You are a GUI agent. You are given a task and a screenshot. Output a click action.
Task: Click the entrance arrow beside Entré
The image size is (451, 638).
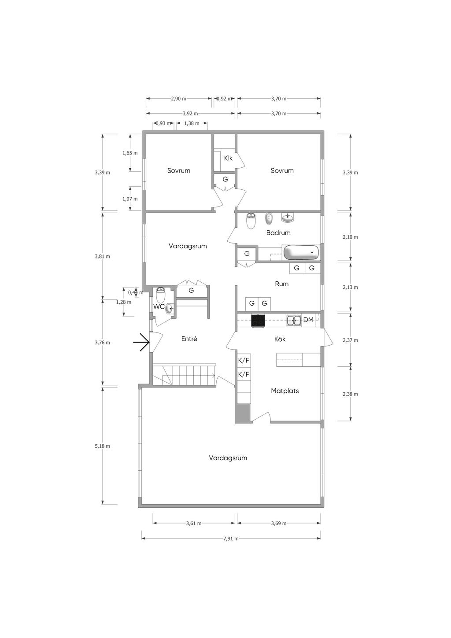click(x=141, y=342)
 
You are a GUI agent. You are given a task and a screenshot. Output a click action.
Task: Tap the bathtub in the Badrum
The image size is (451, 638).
click(x=301, y=252)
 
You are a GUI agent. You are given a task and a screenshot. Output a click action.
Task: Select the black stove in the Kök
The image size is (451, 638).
click(x=258, y=321)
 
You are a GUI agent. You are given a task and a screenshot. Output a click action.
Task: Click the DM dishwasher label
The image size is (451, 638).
click(x=308, y=320)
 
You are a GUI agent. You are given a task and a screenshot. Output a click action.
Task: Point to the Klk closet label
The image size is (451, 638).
click(x=228, y=158)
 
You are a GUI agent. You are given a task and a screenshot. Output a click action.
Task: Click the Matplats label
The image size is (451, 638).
click(x=285, y=391)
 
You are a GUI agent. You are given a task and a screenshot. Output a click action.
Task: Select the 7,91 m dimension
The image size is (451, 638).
click(x=231, y=538)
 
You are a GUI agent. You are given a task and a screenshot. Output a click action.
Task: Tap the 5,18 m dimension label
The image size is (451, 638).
click(x=102, y=446)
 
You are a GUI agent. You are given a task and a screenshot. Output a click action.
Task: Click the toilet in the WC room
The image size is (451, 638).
click(x=161, y=295)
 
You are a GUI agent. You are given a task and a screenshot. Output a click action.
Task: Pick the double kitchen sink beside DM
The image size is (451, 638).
click(x=294, y=321)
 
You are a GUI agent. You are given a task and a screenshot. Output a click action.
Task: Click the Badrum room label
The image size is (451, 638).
click(x=278, y=232)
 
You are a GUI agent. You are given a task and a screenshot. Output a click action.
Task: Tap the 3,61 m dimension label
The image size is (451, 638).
click(x=194, y=523)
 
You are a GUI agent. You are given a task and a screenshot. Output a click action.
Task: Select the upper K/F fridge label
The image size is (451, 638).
click(x=244, y=360)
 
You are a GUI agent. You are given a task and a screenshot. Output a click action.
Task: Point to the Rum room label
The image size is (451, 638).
click(x=281, y=284)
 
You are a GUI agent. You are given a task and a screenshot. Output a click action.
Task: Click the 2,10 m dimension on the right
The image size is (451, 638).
click(x=350, y=237)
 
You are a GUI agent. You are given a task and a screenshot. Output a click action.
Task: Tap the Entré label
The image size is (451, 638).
click(x=189, y=339)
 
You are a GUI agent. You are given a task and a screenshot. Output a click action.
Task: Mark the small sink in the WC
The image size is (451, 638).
click(x=170, y=309)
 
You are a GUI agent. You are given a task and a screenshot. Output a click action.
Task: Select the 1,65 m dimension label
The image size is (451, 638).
click(x=130, y=153)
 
